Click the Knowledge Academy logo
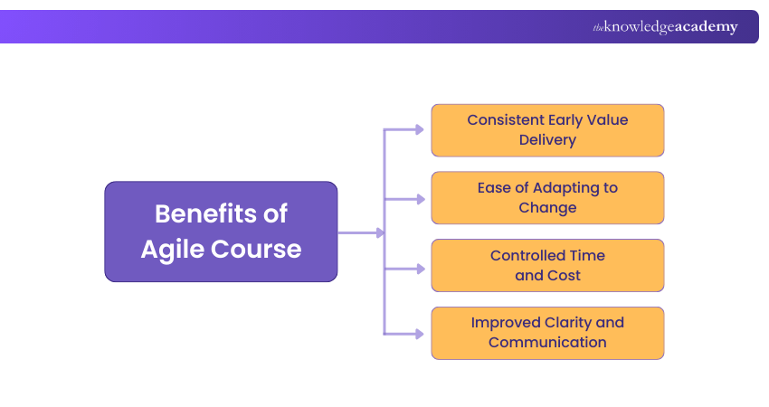point(665,27)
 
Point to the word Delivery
point(547,140)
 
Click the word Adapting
point(564,188)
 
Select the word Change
point(547,208)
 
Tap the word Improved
point(506,323)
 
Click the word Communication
point(547,343)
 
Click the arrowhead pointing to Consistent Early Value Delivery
point(419,130)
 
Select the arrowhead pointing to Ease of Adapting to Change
point(419,198)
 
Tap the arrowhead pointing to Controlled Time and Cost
point(419,269)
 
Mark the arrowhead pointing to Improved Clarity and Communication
point(419,334)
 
